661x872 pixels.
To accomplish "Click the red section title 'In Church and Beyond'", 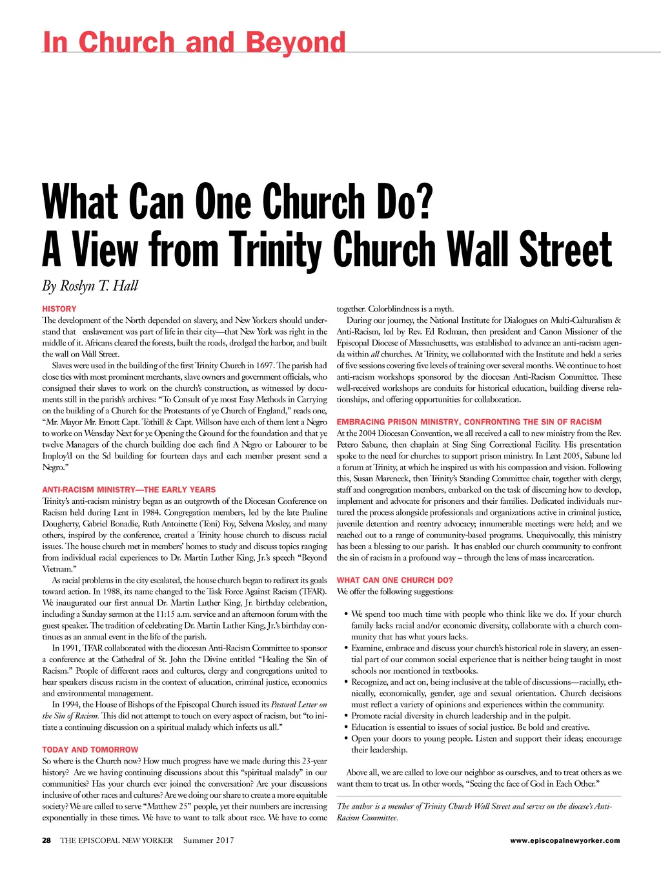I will click(x=194, y=42).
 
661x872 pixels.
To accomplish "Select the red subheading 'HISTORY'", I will click(x=59, y=309).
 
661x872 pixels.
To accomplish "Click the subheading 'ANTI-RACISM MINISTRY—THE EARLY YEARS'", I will click(x=129, y=490).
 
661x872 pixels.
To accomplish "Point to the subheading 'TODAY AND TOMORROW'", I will click(x=90, y=750).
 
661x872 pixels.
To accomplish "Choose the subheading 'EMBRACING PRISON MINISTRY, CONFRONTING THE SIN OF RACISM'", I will click(x=469, y=422).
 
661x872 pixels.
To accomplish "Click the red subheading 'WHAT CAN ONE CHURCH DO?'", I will click(x=395, y=580).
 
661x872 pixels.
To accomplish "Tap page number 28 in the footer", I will click(x=46, y=840).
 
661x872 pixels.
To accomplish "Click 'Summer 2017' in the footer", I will click(x=208, y=840).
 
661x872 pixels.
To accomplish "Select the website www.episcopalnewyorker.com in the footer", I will click(x=565, y=840).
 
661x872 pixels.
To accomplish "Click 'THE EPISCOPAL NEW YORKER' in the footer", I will click(x=117, y=840).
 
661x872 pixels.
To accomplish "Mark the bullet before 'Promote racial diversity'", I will click(x=347, y=716).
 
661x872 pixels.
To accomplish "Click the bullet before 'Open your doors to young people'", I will click(x=347, y=738).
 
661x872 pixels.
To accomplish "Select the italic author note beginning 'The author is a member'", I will click(x=474, y=812).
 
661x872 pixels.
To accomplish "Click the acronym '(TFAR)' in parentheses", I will click(x=313, y=592).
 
